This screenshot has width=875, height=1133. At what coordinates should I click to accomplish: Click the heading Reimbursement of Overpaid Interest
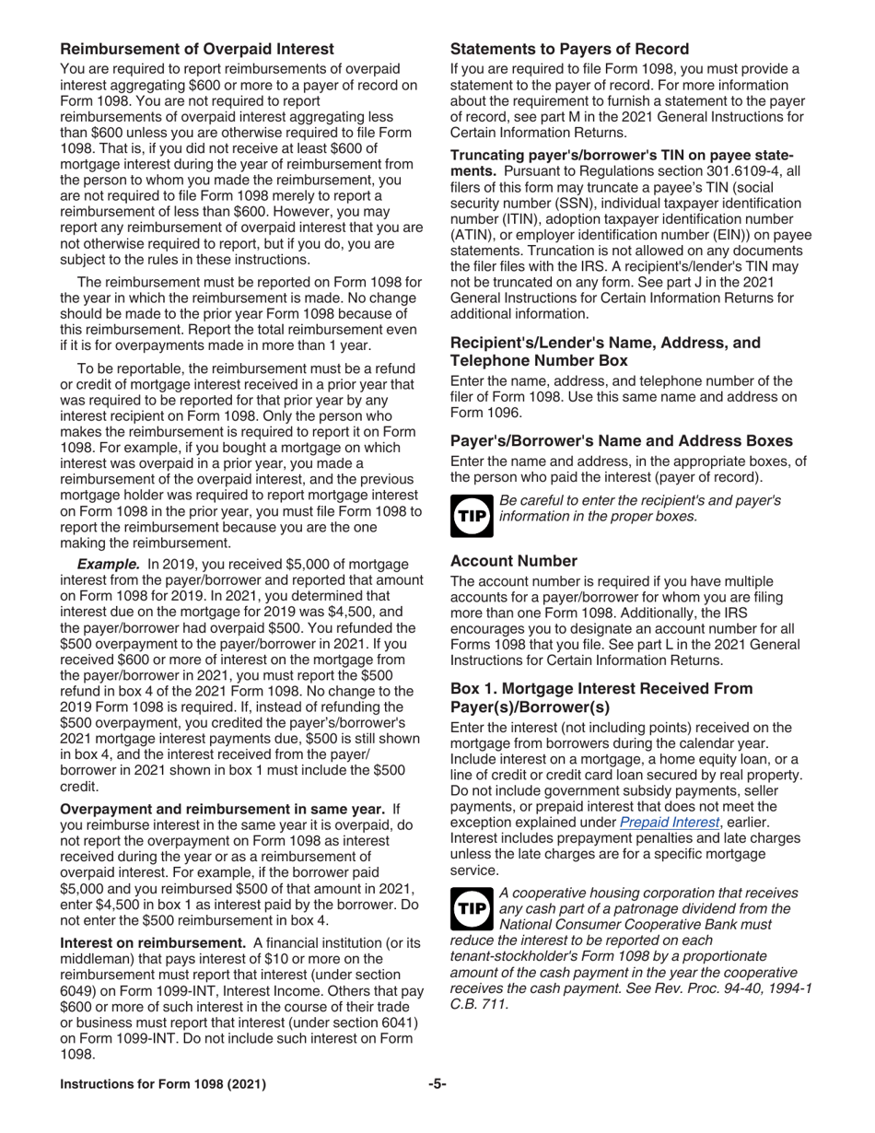[x=197, y=49]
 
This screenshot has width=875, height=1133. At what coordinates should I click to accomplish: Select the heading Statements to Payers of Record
[x=569, y=49]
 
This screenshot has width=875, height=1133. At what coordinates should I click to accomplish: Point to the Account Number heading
[x=514, y=561]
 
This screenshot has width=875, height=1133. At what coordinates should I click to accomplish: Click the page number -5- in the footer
[x=437, y=1084]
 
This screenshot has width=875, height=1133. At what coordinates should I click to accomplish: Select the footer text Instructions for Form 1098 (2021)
[x=163, y=1084]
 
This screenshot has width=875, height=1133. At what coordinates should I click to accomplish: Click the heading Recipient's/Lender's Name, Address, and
[x=605, y=343]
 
